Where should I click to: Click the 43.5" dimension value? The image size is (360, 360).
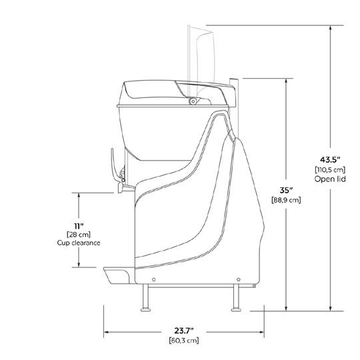click(330, 159)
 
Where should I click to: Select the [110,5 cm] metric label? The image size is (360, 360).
click(330, 170)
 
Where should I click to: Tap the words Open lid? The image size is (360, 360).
click(330, 179)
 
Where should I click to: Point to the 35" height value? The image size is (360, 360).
click(286, 190)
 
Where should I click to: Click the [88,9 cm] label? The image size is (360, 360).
click(286, 200)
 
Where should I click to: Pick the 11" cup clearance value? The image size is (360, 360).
click(79, 226)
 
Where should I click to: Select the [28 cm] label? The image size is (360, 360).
click(79, 235)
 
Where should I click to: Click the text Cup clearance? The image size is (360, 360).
click(79, 243)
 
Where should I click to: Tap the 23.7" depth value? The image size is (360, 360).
click(184, 331)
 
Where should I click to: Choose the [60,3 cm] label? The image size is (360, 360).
click(184, 340)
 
